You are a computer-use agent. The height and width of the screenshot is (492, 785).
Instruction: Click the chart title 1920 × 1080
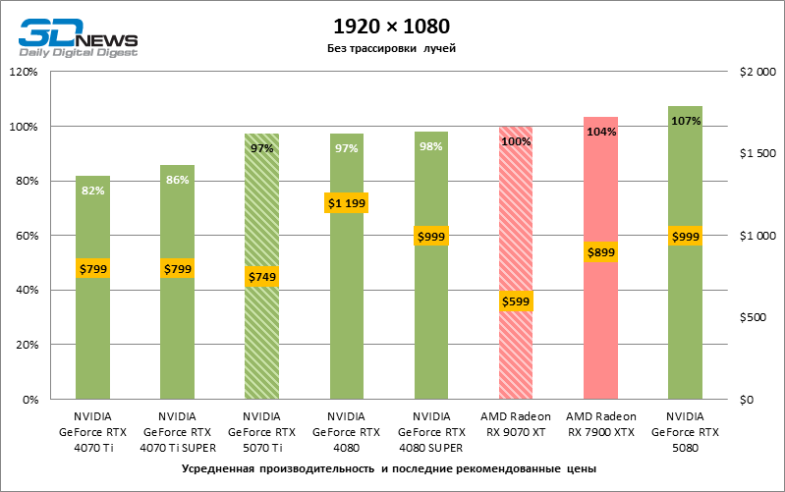392,27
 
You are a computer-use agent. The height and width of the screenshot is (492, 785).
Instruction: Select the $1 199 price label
346,203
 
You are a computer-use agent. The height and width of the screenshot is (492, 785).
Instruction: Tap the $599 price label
515,301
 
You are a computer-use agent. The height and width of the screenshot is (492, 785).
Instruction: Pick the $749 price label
261,277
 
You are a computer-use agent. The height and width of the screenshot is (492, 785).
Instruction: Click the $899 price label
600,252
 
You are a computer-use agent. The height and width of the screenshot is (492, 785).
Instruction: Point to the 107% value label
686,121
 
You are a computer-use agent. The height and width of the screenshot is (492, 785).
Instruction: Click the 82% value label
93,191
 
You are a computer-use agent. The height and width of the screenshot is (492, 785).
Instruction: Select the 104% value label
600,132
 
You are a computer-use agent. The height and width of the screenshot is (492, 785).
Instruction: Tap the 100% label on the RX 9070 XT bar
516,141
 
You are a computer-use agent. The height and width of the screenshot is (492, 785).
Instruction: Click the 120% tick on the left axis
23,72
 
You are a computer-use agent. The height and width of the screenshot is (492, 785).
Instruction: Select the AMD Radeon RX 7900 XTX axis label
600,423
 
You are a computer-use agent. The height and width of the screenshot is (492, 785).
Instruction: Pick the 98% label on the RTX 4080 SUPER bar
431,146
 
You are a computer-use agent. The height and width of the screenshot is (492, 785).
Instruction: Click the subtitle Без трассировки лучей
392,48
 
